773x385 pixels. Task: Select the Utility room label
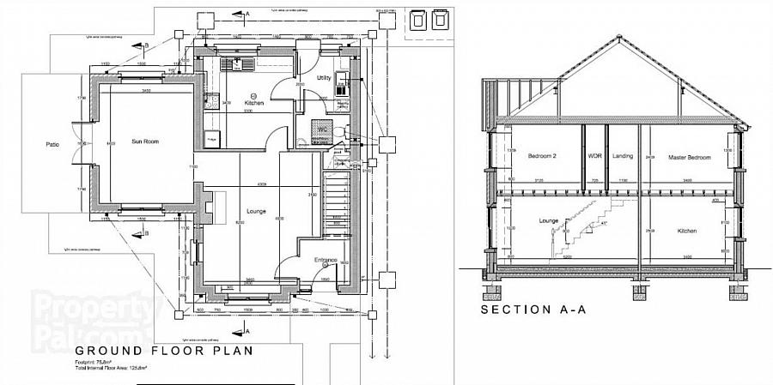click(x=324, y=78)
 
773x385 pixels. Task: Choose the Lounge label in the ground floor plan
click(x=254, y=211)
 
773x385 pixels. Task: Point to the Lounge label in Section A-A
click(x=548, y=221)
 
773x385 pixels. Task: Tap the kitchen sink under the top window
click(x=234, y=63)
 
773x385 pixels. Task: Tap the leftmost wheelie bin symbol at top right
click(x=417, y=19)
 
